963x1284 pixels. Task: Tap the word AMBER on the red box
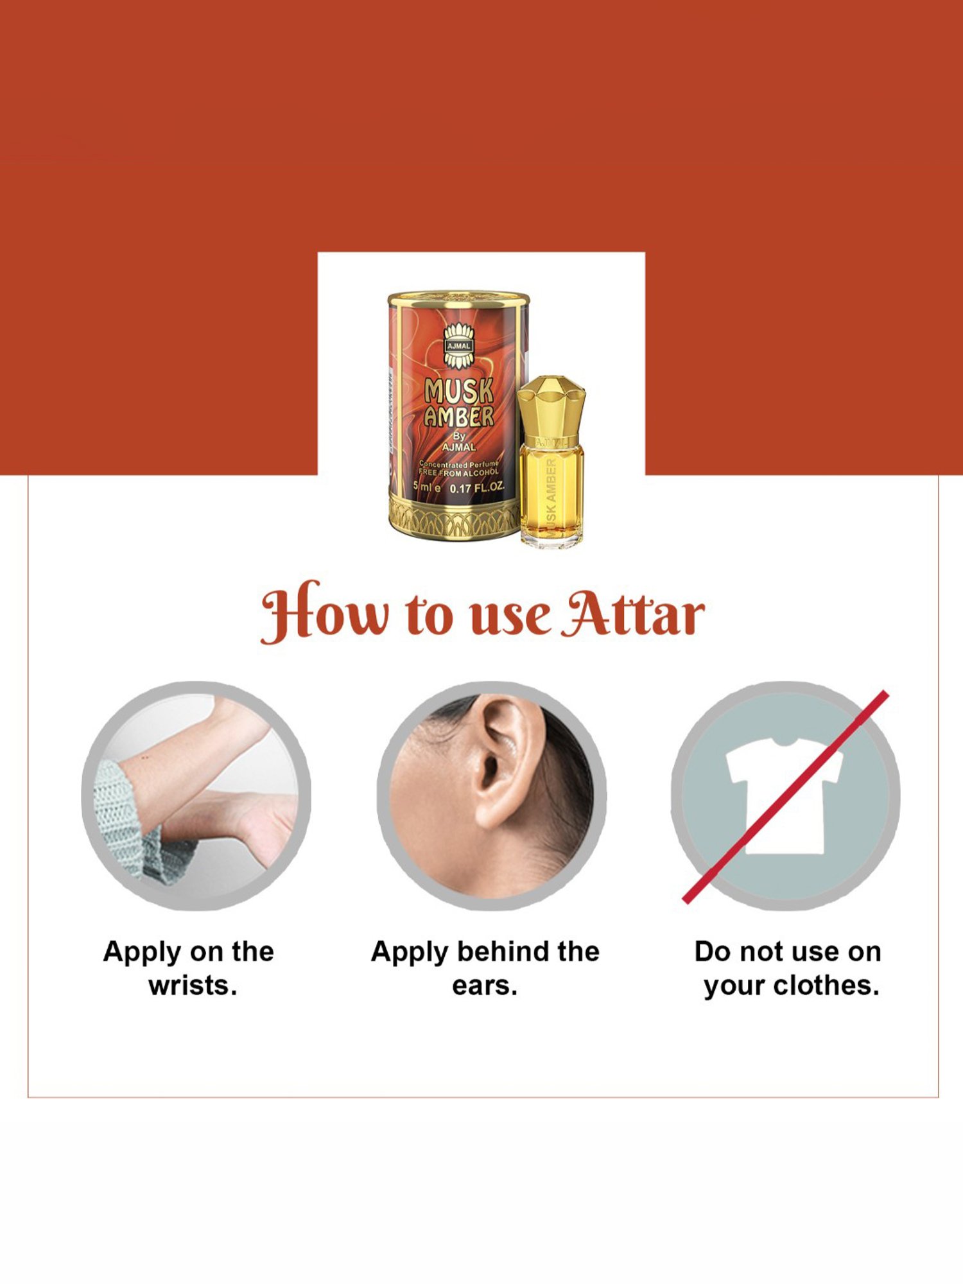tap(458, 417)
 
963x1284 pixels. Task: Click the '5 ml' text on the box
tap(426, 487)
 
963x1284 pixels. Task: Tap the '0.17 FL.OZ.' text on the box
tap(476, 488)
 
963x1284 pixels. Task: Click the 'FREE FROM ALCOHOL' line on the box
tap(458, 473)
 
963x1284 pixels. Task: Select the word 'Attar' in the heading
tap(632, 614)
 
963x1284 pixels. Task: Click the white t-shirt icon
tap(785, 796)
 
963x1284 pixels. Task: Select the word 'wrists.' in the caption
tap(193, 985)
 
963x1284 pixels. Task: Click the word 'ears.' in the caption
tap(485, 985)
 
